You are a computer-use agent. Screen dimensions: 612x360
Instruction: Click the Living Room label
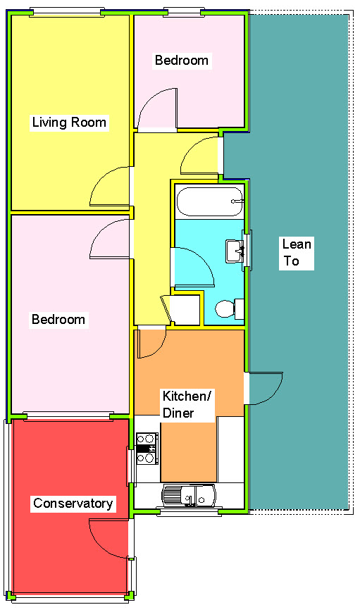coord(69,123)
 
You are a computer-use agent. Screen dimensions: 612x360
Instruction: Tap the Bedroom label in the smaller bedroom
coord(181,61)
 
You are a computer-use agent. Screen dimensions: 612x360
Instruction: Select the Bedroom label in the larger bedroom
coord(58,320)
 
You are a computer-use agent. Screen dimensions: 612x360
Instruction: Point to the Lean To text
coord(296,253)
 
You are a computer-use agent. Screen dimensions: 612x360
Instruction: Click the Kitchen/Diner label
coord(187,404)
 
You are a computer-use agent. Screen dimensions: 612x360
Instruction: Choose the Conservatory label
coord(73,504)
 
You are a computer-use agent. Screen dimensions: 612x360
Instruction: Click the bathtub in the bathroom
coord(209,202)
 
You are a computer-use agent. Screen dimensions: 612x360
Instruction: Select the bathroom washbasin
coord(234,251)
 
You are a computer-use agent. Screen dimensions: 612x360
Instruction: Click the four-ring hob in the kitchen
coord(147,448)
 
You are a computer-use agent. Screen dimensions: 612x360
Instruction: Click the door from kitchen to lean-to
coord(266,388)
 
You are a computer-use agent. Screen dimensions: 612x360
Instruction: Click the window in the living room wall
coord(68,12)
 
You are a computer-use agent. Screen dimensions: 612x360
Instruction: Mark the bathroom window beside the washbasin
coord(247,250)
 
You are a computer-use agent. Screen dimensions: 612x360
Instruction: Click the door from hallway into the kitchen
coord(151,342)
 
